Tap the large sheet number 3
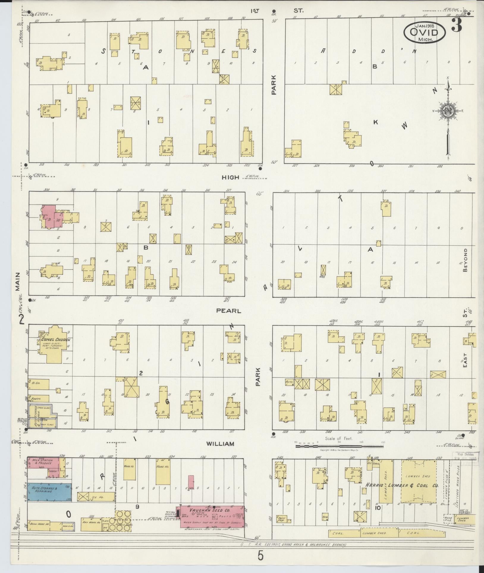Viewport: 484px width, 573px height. tap(457, 25)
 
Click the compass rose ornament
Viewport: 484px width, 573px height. tap(447, 112)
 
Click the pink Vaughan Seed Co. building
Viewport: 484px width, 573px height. tap(212, 517)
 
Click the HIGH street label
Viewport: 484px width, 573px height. tap(230, 178)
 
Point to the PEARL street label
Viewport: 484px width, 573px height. tap(228, 311)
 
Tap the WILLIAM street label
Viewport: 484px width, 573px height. tap(220, 444)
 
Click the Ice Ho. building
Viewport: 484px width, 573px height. tap(96, 497)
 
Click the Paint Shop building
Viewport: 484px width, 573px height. tap(283, 519)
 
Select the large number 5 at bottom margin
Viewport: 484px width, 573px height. tap(260, 556)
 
